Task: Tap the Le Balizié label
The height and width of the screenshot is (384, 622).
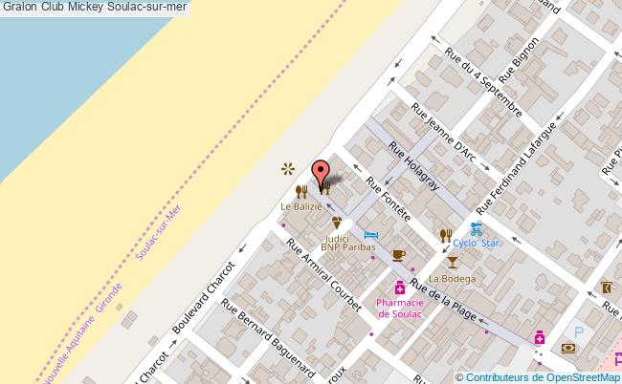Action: (300, 206)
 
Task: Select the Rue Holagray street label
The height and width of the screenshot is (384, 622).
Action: (413, 166)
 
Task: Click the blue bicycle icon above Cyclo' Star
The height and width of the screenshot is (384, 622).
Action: (476, 228)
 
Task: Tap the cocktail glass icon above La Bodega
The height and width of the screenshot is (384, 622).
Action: (452, 260)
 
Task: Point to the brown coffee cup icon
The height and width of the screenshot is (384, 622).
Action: (398, 254)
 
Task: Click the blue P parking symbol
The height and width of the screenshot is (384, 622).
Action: (577, 331)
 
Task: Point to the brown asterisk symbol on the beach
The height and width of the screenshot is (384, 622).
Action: (286, 169)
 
